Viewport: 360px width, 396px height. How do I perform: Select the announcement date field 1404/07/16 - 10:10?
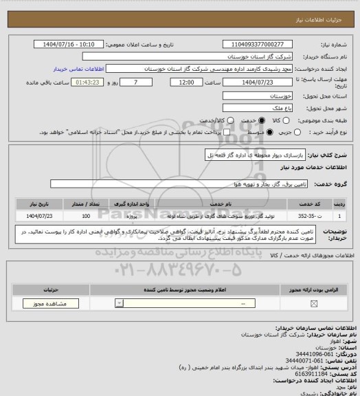click(x=74, y=44)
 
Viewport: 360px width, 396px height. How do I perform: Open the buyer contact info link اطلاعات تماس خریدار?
click(x=78, y=69)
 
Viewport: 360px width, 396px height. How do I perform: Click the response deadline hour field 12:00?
click(x=185, y=82)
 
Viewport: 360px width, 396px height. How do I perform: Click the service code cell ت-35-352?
click(x=308, y=215)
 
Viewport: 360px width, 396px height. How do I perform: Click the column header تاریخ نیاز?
click(x=37, y=204)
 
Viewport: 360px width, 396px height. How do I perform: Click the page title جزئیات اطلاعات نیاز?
click(x=329, y=8)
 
